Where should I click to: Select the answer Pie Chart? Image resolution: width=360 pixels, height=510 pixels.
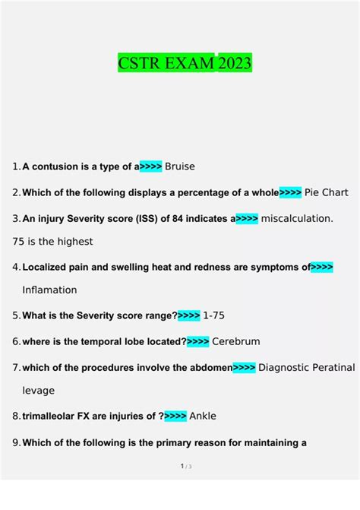(x=326, y=192)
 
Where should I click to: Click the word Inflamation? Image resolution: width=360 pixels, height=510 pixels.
(x=50, y=290)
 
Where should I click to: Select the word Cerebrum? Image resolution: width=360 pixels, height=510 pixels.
(x=236, y=341)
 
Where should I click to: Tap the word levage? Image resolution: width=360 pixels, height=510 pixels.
(x=38, y=390)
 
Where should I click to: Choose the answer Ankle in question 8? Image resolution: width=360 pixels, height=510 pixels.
(x=203, y=416)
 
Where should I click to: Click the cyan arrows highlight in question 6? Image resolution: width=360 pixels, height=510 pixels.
(x=197, y=341)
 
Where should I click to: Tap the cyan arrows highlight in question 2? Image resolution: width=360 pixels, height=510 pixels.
(x=290, y=192)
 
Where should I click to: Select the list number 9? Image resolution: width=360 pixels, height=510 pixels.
(x=16, y=442)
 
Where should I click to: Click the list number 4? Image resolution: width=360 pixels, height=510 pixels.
(x=16, y=267)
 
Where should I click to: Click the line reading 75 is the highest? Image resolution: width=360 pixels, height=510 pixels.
(x=53, y=241)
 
